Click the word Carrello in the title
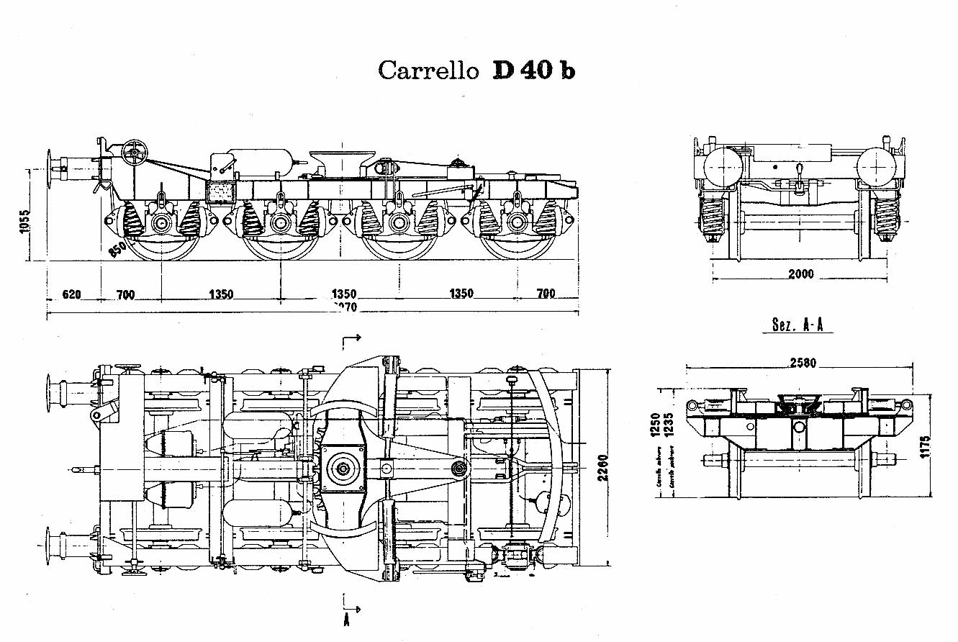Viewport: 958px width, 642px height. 428,71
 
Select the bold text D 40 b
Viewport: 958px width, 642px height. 533,71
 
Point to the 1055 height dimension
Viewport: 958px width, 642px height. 23,224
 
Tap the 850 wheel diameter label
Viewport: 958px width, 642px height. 117,250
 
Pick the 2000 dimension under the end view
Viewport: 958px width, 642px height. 800,273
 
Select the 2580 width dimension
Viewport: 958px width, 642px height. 802,363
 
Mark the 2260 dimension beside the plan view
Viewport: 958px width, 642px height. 602,469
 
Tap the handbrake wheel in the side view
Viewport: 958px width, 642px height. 135,152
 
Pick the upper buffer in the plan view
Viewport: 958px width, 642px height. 56,392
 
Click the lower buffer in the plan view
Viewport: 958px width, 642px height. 56,545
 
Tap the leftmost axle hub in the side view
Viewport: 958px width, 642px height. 160,224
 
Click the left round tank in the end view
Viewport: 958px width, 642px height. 723,167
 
